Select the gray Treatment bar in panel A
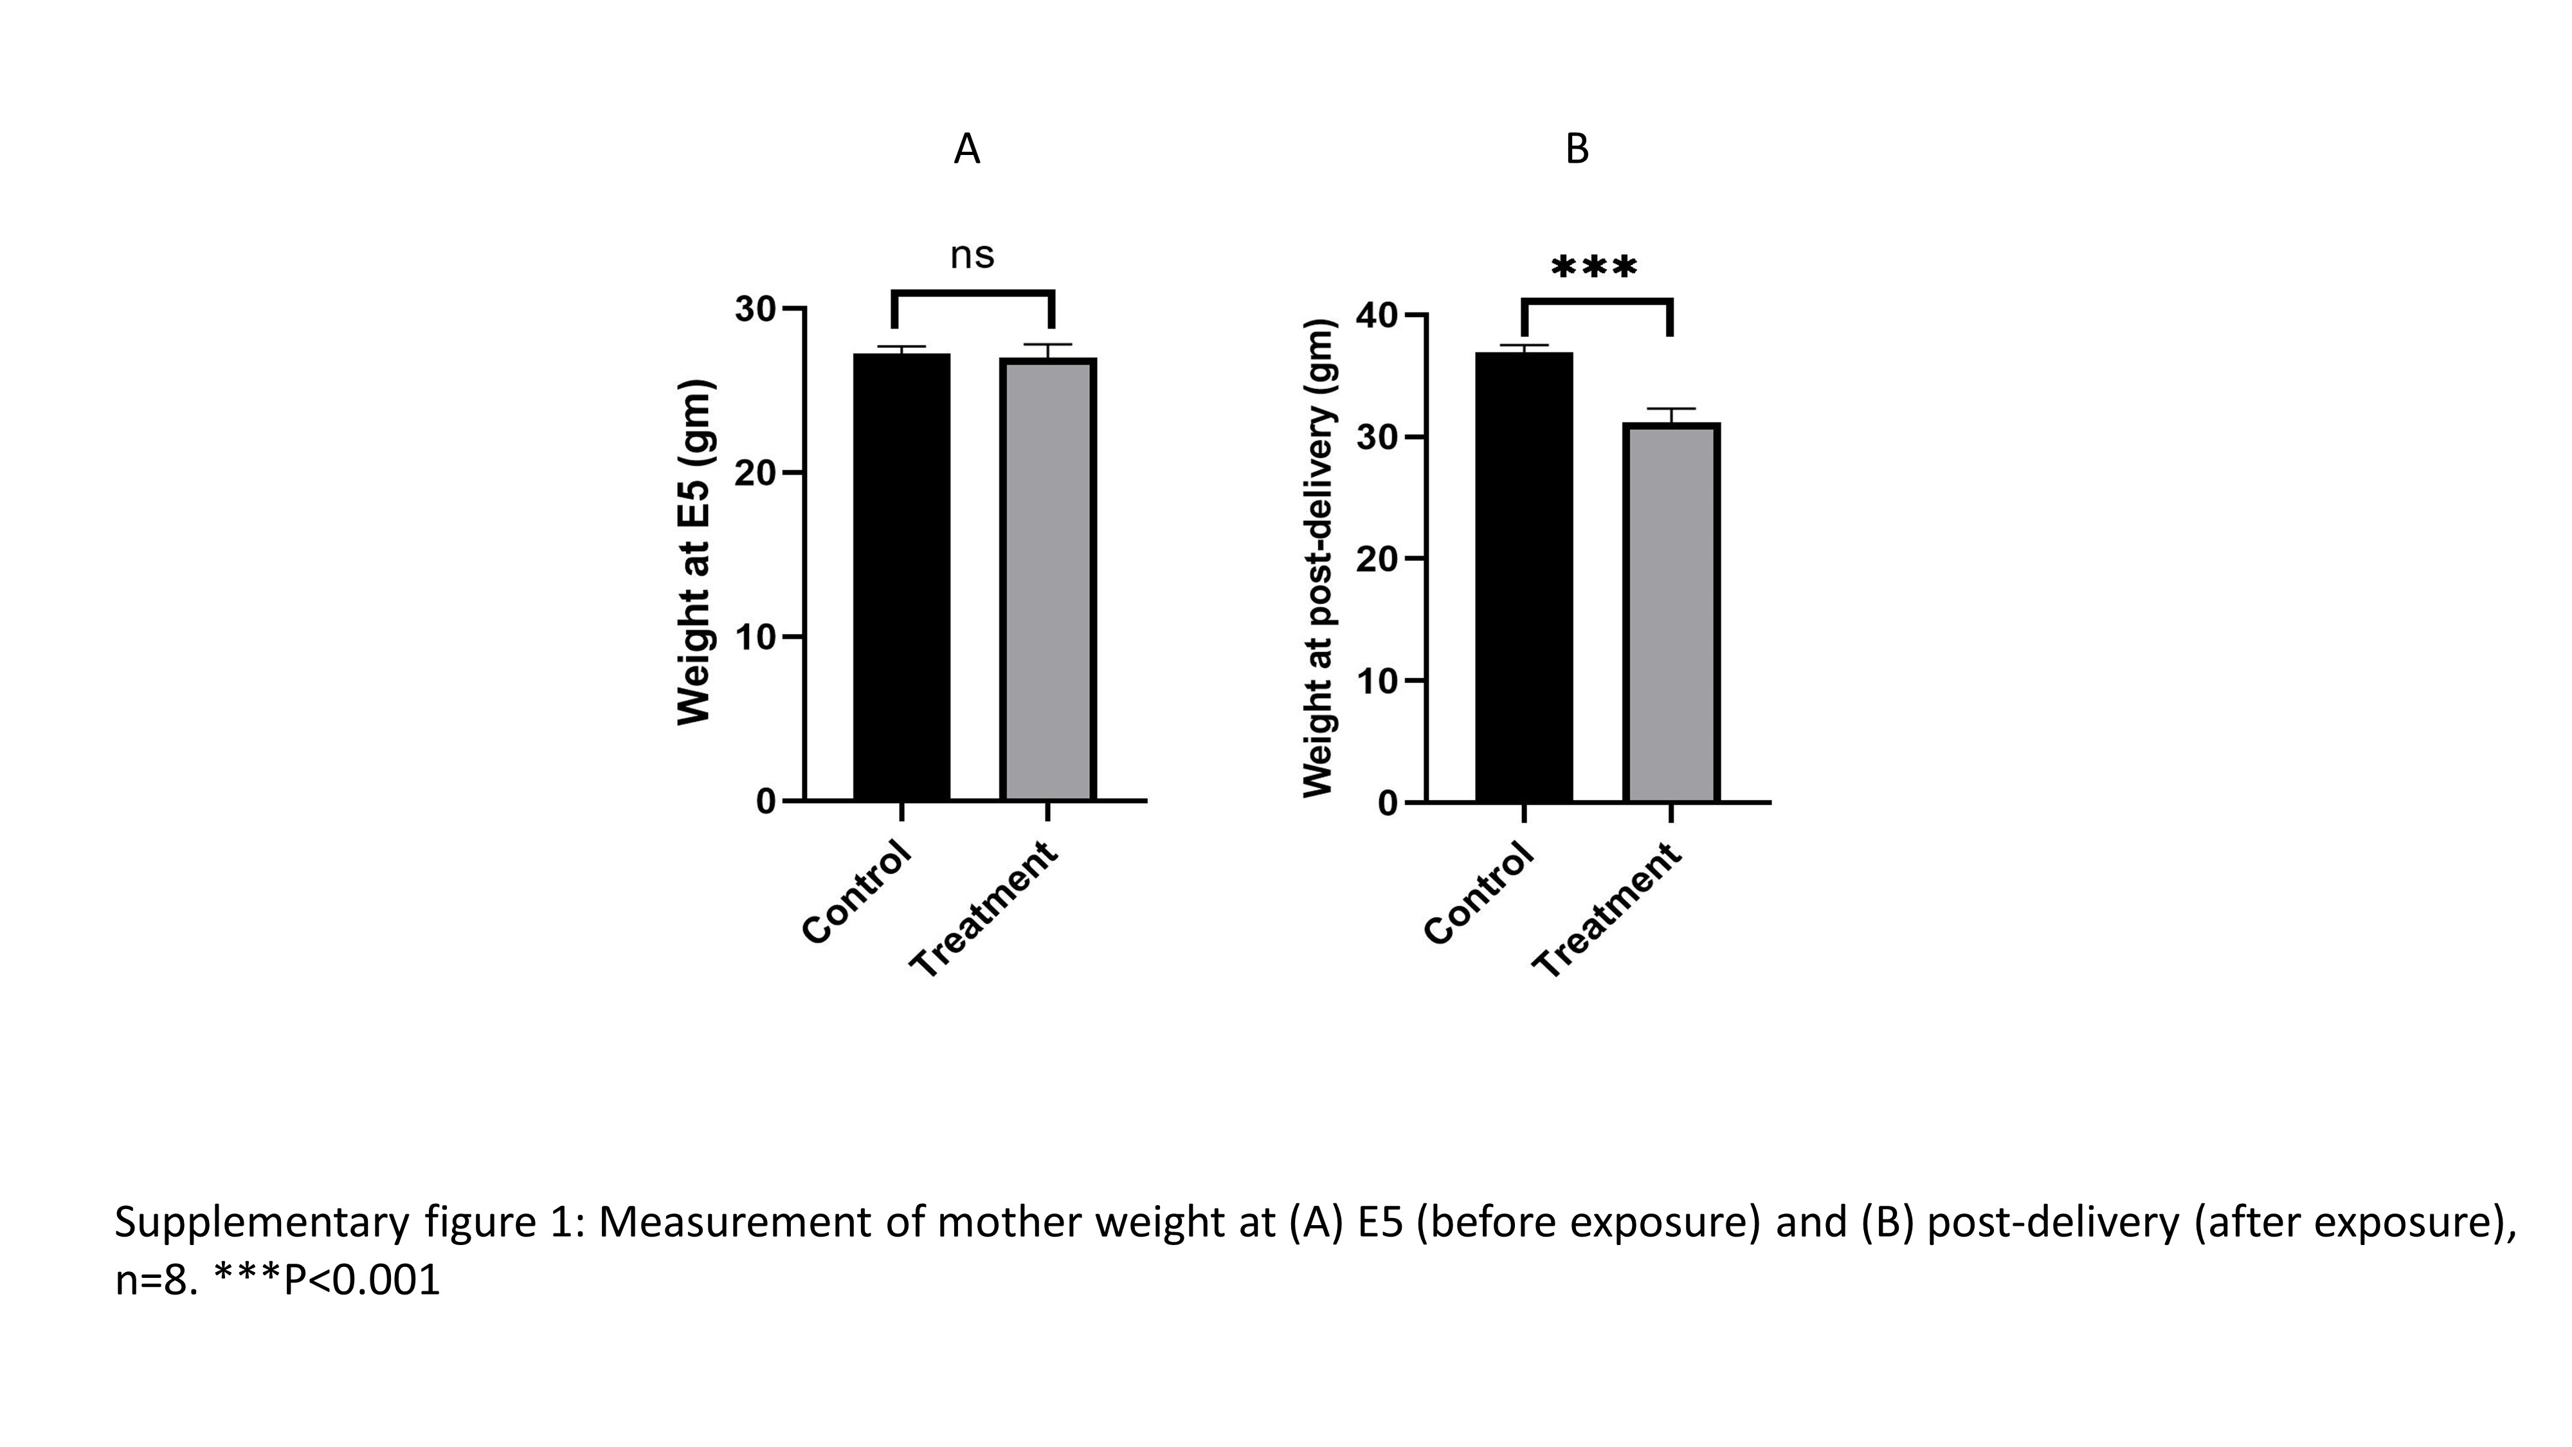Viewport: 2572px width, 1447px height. pos(1047,579)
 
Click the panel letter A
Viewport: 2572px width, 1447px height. pos(966,150)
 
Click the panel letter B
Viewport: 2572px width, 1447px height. pos(1577,150)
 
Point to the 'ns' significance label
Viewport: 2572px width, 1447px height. pos(972,256)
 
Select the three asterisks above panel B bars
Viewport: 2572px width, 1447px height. pos(1595,268)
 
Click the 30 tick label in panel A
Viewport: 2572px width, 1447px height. pos(755,309)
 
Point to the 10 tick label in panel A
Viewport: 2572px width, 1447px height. pos(755,637)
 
